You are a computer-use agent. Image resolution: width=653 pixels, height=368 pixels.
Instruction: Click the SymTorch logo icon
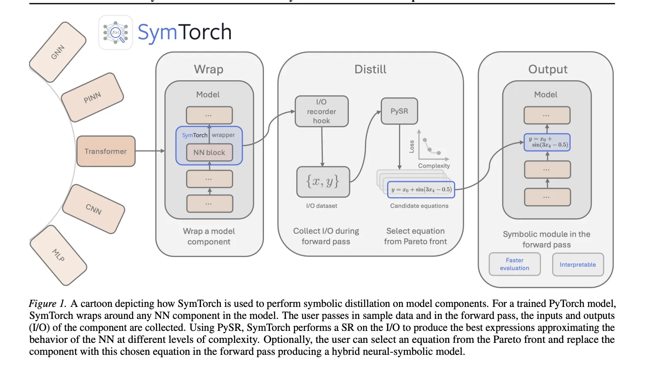pos(116,33)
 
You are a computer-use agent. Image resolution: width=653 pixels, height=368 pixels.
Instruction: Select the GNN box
pos(58,52)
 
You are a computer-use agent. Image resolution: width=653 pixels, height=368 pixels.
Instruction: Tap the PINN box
pos(92,97)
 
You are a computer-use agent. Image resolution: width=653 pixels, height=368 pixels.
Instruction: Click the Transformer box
pos(106,151)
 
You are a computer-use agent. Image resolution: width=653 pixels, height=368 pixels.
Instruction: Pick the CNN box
pos(94,209)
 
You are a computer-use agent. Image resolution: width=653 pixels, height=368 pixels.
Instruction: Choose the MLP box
pos(58,255)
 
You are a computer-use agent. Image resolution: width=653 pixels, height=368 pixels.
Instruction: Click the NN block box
pos(209,152)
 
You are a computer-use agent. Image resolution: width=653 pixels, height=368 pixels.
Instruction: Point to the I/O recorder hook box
pos(321,111)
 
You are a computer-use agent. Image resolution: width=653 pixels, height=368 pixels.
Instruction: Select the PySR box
pos(399,111)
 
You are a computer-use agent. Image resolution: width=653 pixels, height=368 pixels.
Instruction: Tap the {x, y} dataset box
pos(323,182)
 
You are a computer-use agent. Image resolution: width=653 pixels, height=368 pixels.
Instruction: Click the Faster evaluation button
pos(514,264)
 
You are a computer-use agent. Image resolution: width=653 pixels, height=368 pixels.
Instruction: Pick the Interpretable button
pos(578,265)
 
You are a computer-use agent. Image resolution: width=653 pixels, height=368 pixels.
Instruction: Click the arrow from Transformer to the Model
pos(149,151)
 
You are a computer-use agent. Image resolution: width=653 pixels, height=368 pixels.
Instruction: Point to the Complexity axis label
pos(434,166)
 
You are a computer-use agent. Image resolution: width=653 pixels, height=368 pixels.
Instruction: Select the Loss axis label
pos(412,146)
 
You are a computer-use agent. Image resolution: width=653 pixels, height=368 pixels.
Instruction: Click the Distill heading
pos(370,69)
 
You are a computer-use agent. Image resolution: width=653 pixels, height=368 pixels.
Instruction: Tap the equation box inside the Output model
pos(547,142)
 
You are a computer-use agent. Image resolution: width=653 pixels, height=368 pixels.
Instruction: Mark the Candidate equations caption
pos(419,206)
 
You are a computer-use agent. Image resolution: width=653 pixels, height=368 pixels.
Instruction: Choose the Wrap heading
pos(208,69)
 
